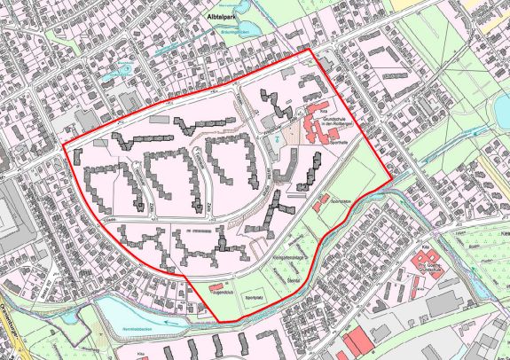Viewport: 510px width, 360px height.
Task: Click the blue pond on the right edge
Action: coord(502,109)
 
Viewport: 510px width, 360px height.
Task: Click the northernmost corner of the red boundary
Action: coord(310,50)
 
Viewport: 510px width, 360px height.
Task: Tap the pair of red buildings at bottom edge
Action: coord(356,341)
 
